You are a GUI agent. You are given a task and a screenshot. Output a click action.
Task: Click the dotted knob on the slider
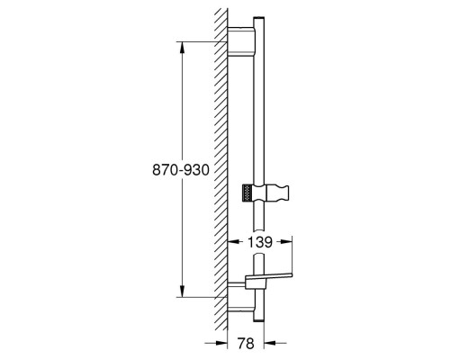(x=248, y=192)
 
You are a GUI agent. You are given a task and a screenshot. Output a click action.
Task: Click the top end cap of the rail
(x=260, y=20)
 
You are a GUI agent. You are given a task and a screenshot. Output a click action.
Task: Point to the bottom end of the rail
(x=260, y=317)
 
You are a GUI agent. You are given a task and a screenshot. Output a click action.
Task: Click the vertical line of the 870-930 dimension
(x=185, y=108)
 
